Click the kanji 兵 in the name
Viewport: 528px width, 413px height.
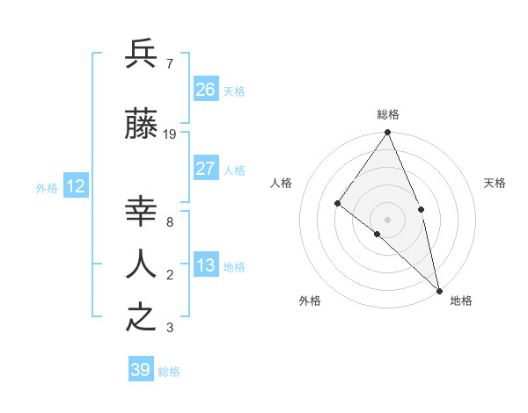[x=142, y=54]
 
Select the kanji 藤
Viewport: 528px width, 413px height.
[x=142, y=126]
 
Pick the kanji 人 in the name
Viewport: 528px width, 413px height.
[x=142, y=264]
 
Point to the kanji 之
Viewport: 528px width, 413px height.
[x=142, y=317]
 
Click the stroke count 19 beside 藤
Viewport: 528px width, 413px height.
[x=170, y=134]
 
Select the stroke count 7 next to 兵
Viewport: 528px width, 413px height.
[x=169, y=63]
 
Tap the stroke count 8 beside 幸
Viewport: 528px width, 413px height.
[x=169, y=221]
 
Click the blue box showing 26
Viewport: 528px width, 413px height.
[x=206, y=90]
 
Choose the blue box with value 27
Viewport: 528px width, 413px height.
[x=206, y=169]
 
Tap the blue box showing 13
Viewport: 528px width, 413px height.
[x=206, y=265]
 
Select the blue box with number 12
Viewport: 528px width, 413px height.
[x=76, y=186]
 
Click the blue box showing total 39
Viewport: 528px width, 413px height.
[x=141, y=370]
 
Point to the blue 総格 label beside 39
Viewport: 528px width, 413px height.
[x=170, y=372]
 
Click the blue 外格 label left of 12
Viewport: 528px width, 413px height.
[x=47, y=187]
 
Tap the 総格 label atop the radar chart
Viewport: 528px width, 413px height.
[x=387, y=114]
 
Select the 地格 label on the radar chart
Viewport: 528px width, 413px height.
[x=461, y=301]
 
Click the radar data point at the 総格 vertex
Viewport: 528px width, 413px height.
[x=387, y=133]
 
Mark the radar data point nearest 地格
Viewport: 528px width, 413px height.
[x=438, y=290]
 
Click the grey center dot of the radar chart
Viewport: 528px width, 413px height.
[x=387, y=219]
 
